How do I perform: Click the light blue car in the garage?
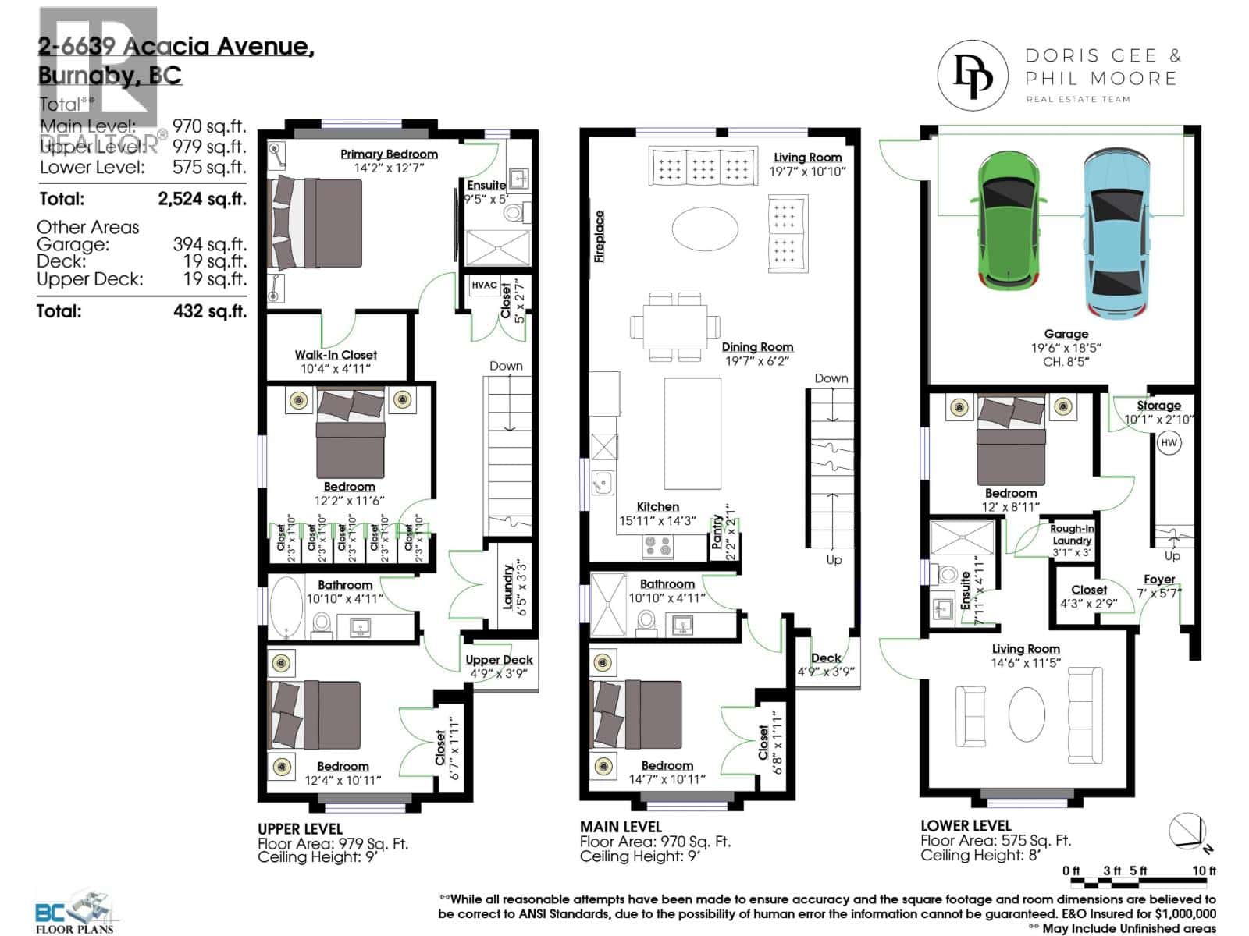coord(1116,232)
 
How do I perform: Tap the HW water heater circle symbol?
coord(1169,443)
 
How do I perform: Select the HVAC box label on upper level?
coord(484,285)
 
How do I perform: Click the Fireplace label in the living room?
coord(600,236)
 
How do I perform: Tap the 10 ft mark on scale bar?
coord(1205,870)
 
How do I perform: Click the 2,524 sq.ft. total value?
coord(201,199)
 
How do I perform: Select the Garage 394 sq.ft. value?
coord(209,244)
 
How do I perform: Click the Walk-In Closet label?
coord(336,355)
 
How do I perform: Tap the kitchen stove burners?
coord(657,545)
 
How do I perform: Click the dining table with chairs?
coord(675,326)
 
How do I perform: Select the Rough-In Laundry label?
coord(1071,534)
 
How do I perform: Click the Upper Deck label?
coord(499,660)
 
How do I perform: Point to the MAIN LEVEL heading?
coord(621,827)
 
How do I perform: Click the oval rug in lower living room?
coord(1027,714)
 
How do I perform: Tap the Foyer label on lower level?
coord(1159,580)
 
